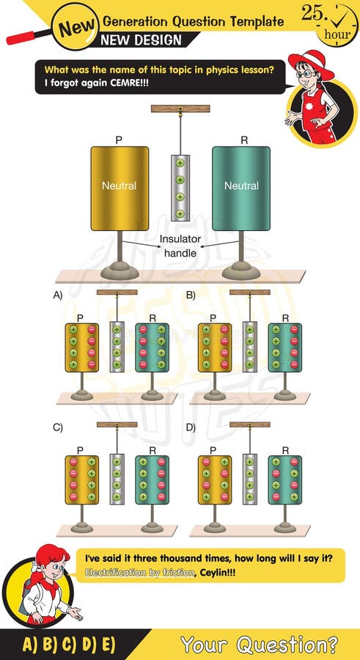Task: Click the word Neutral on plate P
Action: [x=119, y=186]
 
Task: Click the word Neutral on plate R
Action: [x=241, y=186]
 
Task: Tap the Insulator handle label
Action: [x=180, y=246]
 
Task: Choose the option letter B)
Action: [x=191, y=296]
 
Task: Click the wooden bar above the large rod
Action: [x=180, y=109]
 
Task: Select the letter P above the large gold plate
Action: [x=119, y=139]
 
